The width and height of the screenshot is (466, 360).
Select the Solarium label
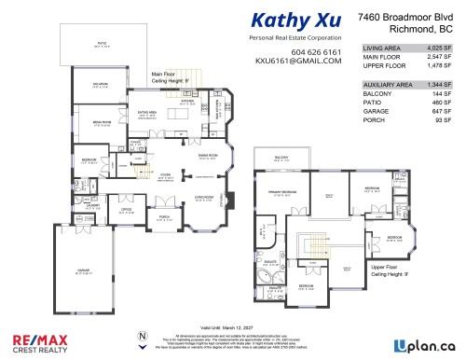74,85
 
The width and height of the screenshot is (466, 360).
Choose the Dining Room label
207,157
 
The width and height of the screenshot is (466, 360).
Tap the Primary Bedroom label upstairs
283,192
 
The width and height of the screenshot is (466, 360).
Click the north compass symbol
142,338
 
